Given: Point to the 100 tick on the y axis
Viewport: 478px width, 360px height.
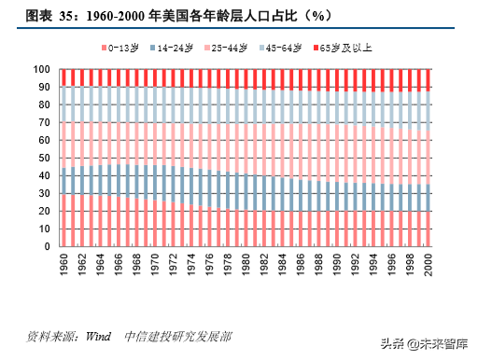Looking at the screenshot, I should (41, 69).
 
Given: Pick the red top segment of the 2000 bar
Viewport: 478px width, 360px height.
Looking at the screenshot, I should (428, 79).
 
